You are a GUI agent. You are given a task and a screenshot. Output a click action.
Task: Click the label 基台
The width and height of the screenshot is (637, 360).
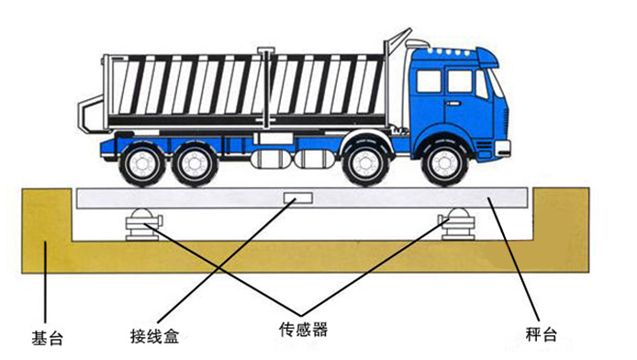click(49, 337)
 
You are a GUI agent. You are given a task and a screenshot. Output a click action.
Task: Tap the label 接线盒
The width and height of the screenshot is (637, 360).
click(153, 332)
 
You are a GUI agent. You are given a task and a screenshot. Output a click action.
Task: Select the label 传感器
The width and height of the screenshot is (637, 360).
click(303, 328)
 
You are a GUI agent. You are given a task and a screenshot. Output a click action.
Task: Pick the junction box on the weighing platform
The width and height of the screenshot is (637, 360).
click(298, 197)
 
